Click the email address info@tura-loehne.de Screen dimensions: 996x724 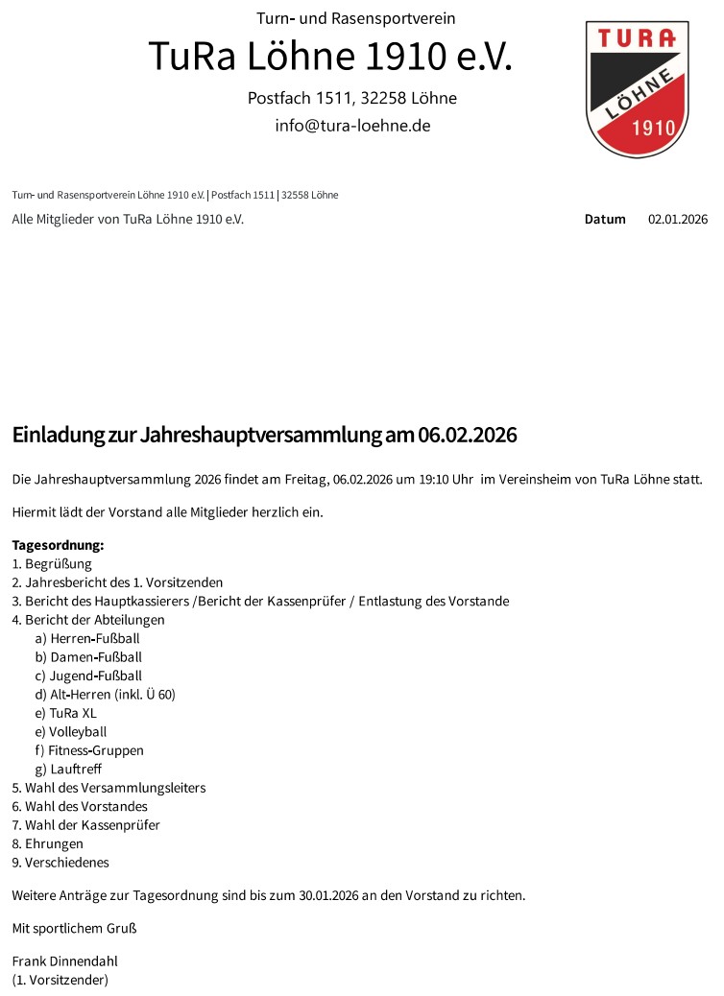coord(352,126)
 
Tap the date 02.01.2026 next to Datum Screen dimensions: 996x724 coord(677,220)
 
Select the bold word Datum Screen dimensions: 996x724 coord(605,220)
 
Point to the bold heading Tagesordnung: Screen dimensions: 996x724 coord(58,545)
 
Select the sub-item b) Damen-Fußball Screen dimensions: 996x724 coord(88,657)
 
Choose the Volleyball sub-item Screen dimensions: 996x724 coord(78,732)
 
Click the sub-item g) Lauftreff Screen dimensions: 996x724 coord(68,770)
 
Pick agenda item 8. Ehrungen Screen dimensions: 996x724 coord(48,844)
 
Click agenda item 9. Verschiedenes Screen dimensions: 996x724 coord(60,863)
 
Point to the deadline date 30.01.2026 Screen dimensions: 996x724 coord(328,896)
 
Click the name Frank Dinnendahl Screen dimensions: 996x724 coord(64,961)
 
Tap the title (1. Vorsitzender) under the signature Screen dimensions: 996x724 coord(60,980)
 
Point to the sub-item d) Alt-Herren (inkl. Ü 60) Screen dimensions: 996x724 coord(105,695)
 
